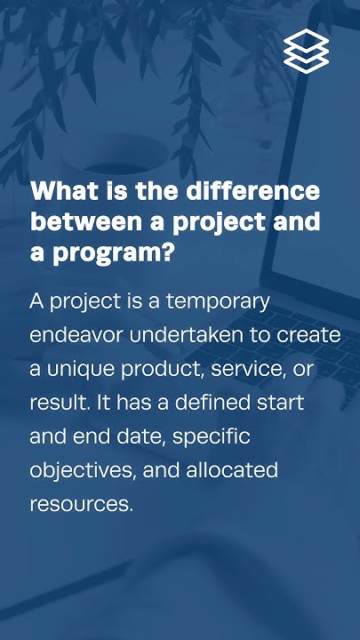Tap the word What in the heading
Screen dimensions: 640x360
pyautogui.click(x=59, y=191)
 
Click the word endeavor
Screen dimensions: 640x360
pyautogui.click(x=72, y=335)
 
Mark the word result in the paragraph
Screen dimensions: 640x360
pyautogui.click(x=54, y=403)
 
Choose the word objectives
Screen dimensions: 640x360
pyautogui.click(x=77, y=470)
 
